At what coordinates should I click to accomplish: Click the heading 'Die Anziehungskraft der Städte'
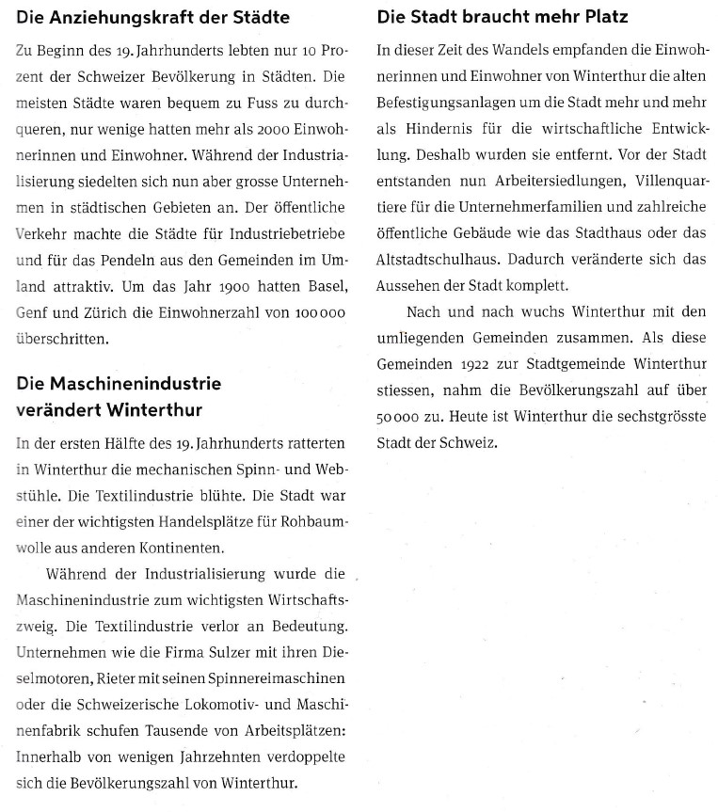152,18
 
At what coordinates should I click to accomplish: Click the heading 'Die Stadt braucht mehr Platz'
502,18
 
